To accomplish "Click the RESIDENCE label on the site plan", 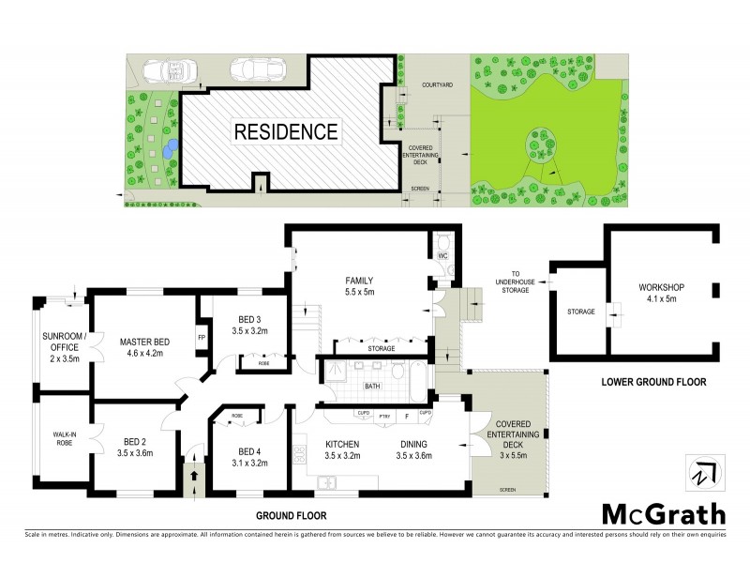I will tap(285, 130).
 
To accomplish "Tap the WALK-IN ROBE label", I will tap(63, 438).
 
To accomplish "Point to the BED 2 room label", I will tap(136, 440).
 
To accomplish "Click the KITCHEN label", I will tap(343, 444).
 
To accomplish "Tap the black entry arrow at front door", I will tap(195, 476).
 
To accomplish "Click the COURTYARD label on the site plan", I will tap(437, 84).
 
